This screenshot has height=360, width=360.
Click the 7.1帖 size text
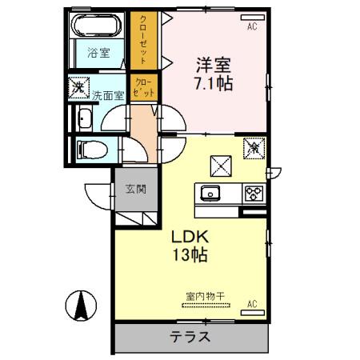point(214,82)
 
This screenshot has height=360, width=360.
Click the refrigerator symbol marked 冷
point(254,146)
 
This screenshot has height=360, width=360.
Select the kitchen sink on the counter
point(211,193)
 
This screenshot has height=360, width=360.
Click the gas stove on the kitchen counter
point(254,193)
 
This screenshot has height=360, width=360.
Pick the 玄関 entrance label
point(134,190)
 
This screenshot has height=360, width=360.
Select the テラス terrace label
point(190,337)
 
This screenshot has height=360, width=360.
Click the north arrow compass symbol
point(82,306)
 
